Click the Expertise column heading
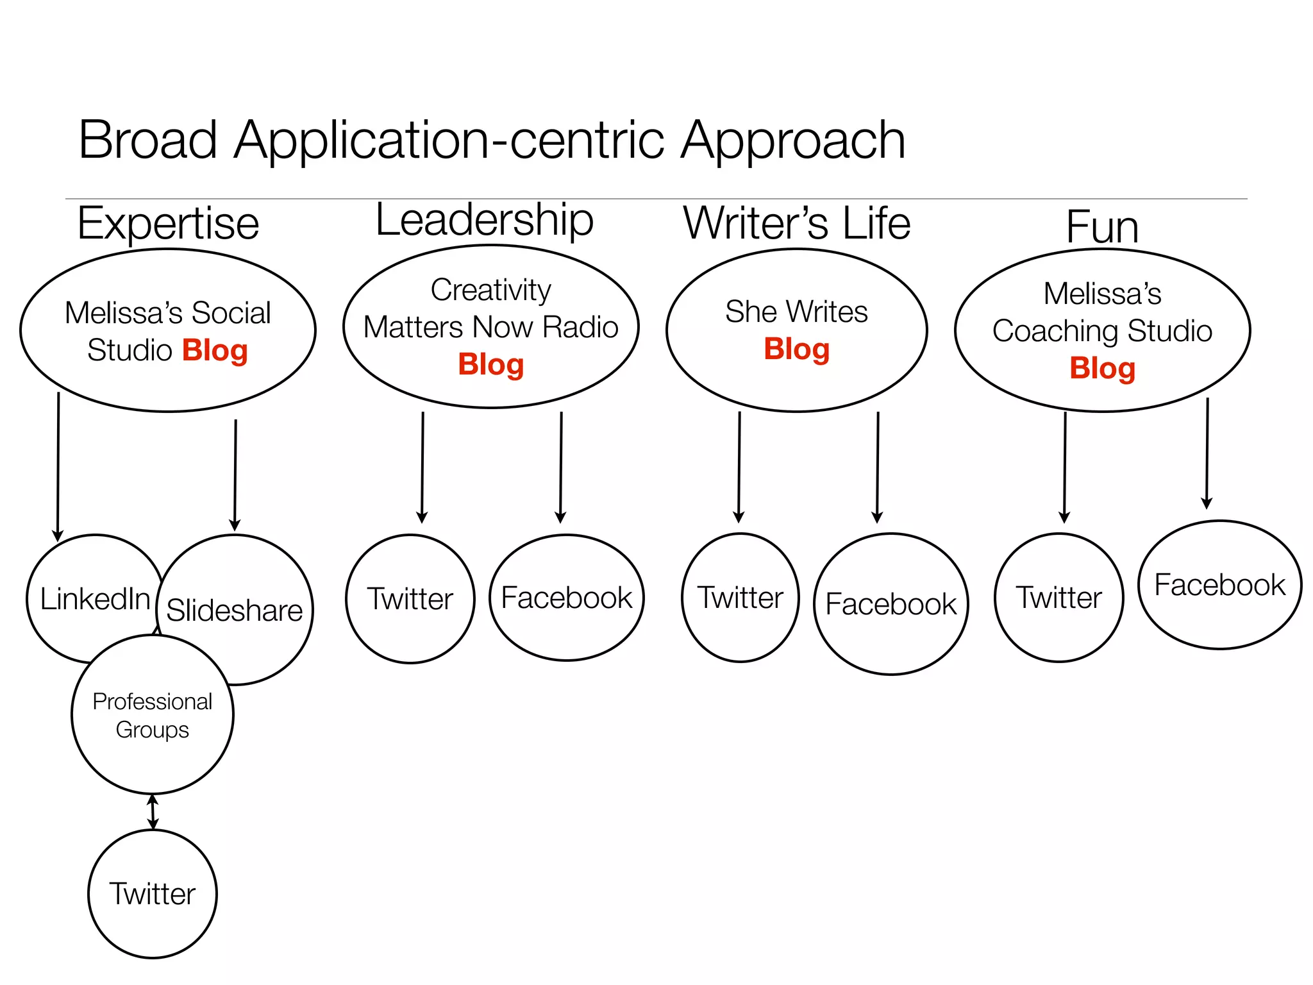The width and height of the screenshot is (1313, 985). click(x=168, y=223)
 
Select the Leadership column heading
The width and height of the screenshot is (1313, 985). click(x=484, y=220)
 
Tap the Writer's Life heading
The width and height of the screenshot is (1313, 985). click(x=796, y=223)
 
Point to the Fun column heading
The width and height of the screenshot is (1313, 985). click(x=1101, y=227)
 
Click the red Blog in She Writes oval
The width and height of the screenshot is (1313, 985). click(x=796, y=349)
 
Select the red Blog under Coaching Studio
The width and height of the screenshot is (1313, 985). click(x=1102, y=369)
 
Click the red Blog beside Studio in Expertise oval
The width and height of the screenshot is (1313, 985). click(x=215, y=351)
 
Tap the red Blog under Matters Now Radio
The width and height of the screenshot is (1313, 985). click(x=490, y=365)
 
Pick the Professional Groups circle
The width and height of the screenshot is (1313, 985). click(x=153, y=715)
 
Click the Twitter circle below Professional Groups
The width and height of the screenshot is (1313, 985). click(x=153, y=894)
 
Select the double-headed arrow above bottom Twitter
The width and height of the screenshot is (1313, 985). click(x=153, y=812)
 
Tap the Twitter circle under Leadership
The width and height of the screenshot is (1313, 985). click(x=410, y=599)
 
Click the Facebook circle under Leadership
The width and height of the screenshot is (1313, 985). click(x=566, y=598)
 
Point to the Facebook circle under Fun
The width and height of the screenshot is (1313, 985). click(x=1219, y=585)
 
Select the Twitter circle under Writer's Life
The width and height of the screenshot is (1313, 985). click(x=740, y=598)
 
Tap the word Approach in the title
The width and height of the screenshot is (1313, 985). click(x=792, y=140)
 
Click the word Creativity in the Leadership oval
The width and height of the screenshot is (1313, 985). click(x=490, y=290)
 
